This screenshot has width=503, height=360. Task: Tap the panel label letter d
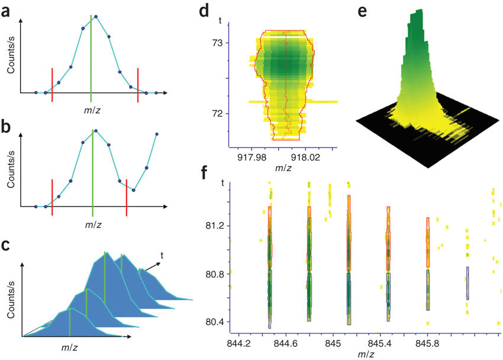pos(204,10)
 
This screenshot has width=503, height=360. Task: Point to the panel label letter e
pos(363,10)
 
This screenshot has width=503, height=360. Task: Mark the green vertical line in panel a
pos(91,56)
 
